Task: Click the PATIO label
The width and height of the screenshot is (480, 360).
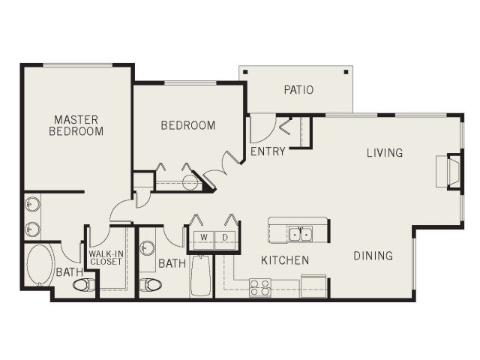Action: (298, 90)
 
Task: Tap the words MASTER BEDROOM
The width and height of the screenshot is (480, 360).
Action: (76, 125)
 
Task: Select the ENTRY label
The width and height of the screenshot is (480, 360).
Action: (268, 151)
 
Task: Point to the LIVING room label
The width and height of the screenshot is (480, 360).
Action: (385, 152)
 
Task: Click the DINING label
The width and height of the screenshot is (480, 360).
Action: (373, 256)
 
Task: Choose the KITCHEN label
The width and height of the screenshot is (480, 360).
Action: (285, 260)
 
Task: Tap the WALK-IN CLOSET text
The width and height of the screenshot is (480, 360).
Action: (106, 258)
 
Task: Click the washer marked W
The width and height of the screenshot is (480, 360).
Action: (204, 240)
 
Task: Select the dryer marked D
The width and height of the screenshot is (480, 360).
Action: (225, 240)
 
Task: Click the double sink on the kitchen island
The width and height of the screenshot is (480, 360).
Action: (301, 234)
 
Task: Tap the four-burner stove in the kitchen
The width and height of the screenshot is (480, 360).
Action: (260, 288)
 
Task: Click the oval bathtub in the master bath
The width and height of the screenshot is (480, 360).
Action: (40, 265)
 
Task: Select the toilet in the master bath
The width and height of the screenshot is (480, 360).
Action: (83, 285)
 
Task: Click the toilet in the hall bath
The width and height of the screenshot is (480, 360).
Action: (150, 285)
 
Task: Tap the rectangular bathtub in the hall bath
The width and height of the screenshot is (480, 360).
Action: (201, 275)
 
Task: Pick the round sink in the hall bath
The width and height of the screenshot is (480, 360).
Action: (147, 247)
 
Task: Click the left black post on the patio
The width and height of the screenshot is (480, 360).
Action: (245, 72)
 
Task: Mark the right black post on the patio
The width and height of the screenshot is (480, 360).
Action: (346, 72)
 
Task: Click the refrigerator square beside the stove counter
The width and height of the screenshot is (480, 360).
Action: (313, 286)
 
